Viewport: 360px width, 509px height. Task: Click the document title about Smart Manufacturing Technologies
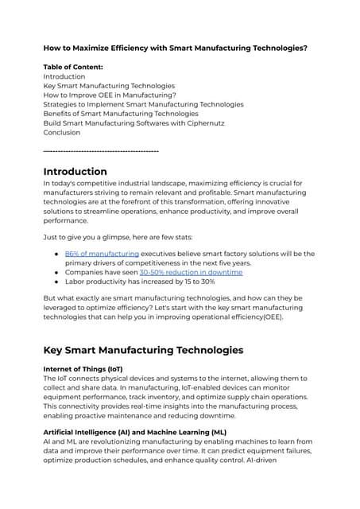click(x=175, y=48)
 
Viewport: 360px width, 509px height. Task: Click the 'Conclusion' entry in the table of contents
click(x=61, y=133)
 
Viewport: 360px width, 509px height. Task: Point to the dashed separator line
click(x=101, y=150)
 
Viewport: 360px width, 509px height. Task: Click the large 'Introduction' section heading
click(x=75, y=172)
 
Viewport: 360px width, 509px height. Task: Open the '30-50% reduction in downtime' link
click(x=191, y=272)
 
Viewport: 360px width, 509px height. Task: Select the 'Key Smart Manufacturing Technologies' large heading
click(x=143, y=350)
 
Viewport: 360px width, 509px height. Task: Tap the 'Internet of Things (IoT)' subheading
click(x=83, y=369)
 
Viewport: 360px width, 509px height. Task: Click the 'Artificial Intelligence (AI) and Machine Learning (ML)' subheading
click(x=134, y=432)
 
